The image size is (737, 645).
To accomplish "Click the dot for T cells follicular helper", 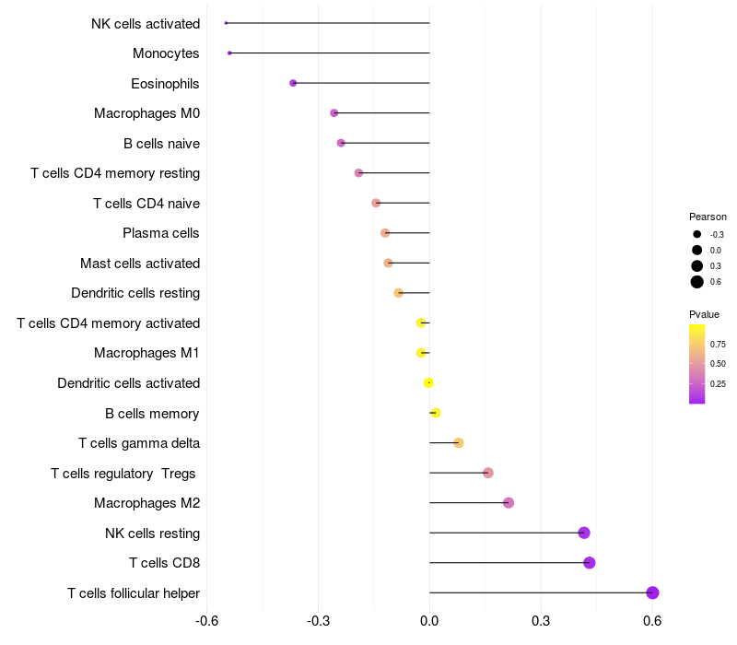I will coord(652,592).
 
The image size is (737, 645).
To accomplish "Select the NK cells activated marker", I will coord(226,23).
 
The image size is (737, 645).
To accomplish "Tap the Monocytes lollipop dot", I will coord(229,53).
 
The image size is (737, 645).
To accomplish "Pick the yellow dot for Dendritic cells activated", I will coord(428,382).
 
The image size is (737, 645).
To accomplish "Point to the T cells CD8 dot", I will coord(590,563).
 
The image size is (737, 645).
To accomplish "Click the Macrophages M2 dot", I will coord(509,503).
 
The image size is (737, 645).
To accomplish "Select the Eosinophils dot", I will coord(293,83).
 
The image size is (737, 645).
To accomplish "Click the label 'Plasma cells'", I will coord(161,233).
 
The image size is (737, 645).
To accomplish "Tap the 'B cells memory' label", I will coord(152,413).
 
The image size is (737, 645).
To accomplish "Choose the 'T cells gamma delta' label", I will coord(139,443).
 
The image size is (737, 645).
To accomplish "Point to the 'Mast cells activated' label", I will coord(140,264).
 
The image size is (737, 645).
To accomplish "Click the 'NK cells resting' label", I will coord(152,533).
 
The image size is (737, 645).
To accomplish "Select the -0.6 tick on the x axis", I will coord(207,620).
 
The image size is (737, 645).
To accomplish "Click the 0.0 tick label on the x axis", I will coord(429,620).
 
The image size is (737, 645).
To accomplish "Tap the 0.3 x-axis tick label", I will coord(541,620).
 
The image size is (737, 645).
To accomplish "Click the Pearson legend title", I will coord(708,217).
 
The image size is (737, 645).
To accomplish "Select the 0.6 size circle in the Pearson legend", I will coord(697,282).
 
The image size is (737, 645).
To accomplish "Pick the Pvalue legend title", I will coord(705,314).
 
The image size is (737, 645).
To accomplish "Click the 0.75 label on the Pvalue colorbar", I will coord(718,344).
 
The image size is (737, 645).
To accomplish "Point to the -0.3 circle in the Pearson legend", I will coord(697,234).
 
